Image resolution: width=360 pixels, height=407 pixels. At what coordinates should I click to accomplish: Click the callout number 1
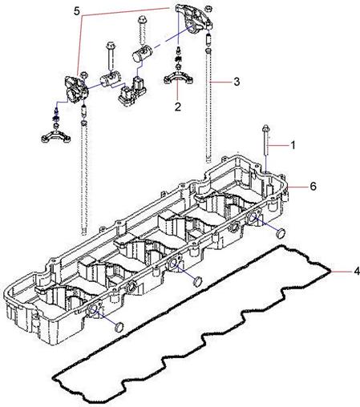[x=293, y=145]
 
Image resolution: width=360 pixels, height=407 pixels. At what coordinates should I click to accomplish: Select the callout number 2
[x=178, y=107]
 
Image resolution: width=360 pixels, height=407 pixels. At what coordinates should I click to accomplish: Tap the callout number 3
[x=237, y=82]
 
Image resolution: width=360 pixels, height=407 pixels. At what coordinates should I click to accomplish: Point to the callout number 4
[x=357, y=272]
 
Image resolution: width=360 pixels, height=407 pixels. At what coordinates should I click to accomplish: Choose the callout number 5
[x=77, y=11]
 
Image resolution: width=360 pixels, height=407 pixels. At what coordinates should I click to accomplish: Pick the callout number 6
[x=313, y=186]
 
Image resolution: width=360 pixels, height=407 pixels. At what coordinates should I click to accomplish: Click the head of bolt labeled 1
[x=266, y=127]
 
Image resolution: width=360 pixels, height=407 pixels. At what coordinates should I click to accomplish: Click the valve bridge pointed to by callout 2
[x=178, y=77]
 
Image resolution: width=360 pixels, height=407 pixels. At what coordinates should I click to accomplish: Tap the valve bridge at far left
[x=56, y=136]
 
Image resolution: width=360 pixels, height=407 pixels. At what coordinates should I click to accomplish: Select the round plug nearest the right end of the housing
[x=281, y=233]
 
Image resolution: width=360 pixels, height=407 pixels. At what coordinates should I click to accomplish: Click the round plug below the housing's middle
[x=198, y=281]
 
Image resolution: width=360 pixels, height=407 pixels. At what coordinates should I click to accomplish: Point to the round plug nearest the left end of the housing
[x=119, y=327]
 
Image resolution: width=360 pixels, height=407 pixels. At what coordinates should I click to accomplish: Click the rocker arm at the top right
[x=193, y=19]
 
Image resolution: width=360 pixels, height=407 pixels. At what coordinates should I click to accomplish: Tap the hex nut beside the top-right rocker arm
[x=209, y=8]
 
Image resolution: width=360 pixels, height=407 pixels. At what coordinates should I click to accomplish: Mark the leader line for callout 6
[x=297, y=187]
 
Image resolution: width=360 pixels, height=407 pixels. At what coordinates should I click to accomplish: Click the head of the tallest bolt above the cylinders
[x=141, y=20]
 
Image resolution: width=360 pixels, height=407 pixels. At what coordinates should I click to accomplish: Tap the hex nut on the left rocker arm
[x=83, y=75]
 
